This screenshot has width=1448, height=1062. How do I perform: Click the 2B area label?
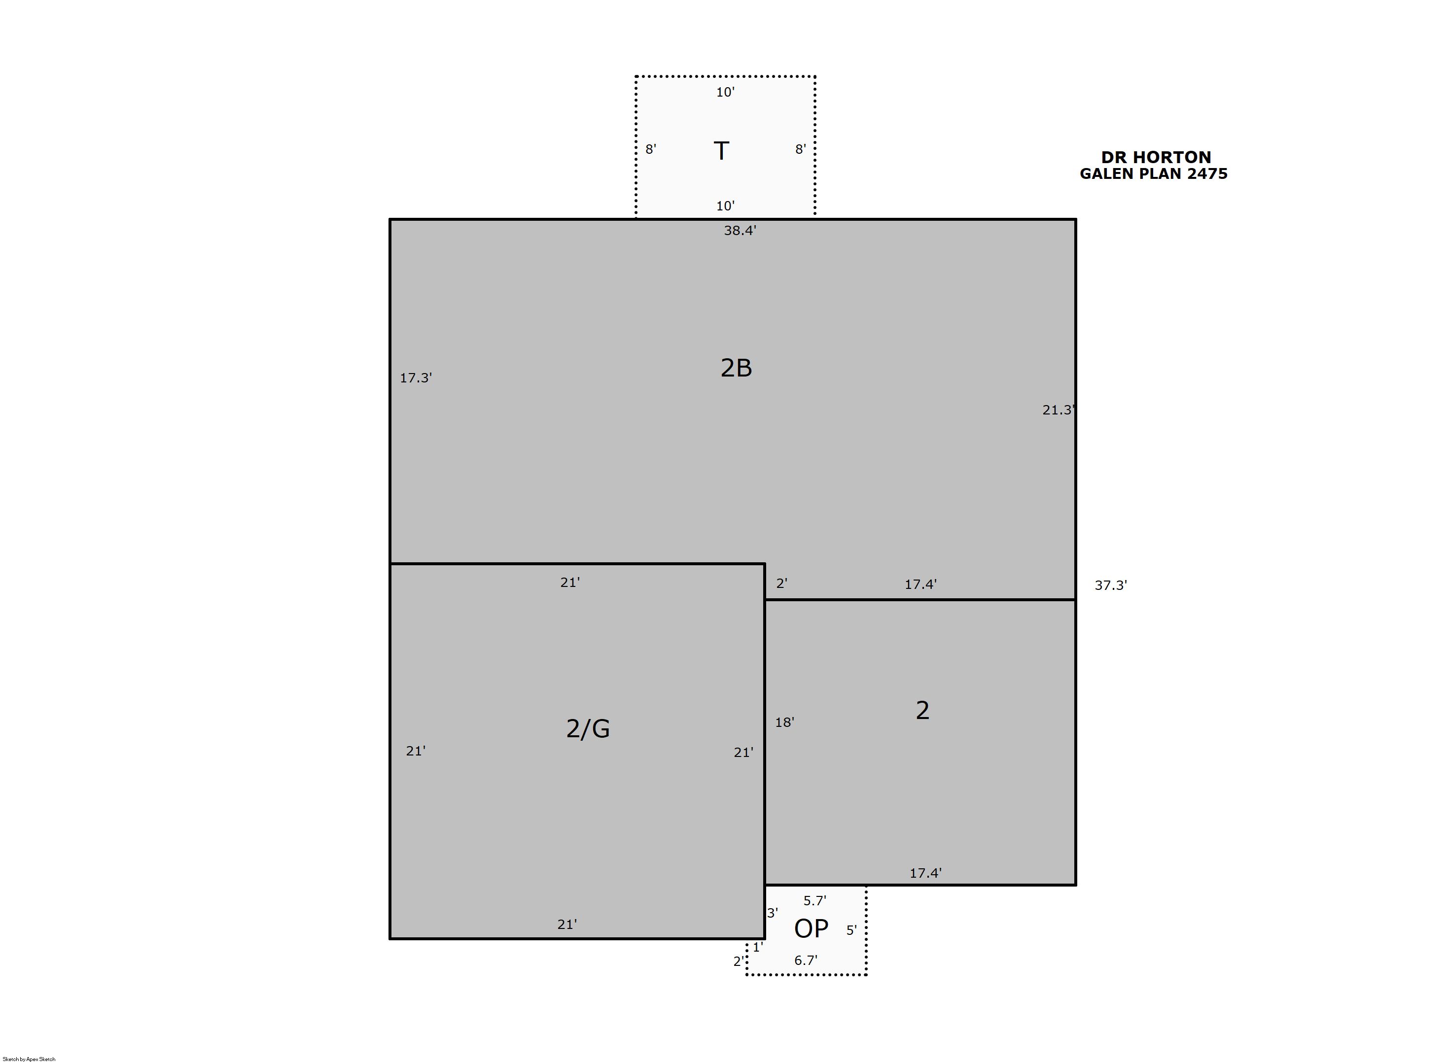(x=736, y=368)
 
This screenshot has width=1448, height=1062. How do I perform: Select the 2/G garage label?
(x=588, y=728)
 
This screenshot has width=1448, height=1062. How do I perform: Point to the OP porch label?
(x=812, y=928)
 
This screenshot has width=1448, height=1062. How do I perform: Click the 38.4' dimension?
(x=740, y=230)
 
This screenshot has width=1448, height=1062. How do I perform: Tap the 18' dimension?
(x=784, y=722)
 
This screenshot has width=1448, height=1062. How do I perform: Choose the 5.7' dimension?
(x=814, y=901)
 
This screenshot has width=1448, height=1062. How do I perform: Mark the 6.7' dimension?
(x=806, y=960)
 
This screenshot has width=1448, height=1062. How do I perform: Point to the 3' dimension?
(x=772, y=913)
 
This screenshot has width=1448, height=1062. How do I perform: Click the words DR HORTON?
(x=1156, y=158)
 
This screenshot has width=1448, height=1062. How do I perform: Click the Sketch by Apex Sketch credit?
(x=29, y=1059)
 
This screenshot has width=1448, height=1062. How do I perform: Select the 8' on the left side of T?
(x=651, y=149)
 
